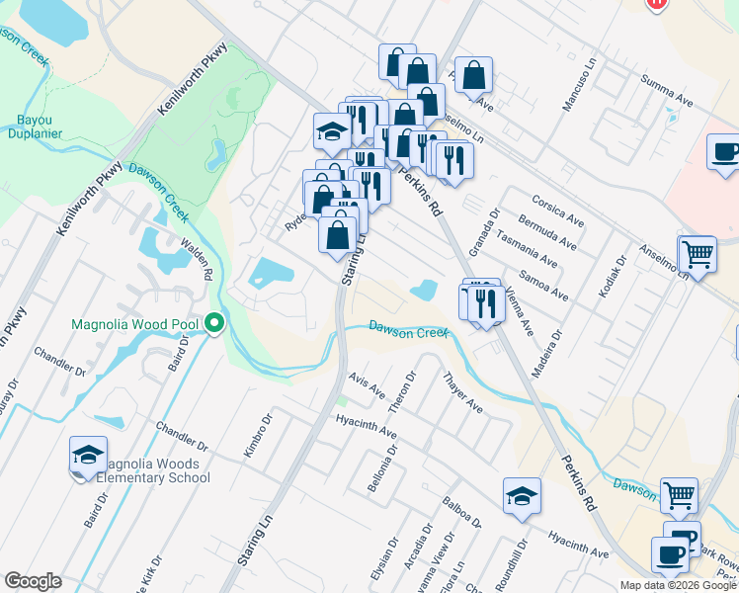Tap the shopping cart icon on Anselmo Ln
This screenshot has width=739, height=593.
(697, 254)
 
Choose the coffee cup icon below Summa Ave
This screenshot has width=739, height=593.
(724, 152)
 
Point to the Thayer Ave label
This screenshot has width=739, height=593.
(461, 392)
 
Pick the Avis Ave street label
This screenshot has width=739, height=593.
(367, 385)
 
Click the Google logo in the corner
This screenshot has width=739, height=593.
(33, 580)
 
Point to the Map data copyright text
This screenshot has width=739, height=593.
(678, 585)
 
